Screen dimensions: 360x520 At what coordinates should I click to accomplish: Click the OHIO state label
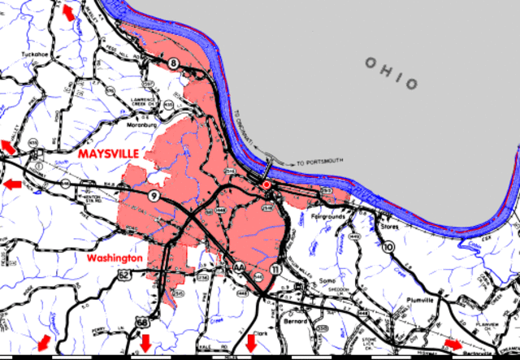[x=392, y=74]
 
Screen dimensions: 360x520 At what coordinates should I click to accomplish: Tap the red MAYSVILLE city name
[x=107, y=153]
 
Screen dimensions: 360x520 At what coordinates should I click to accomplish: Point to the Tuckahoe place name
[x=36, y=55]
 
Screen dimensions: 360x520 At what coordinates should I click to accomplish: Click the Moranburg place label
[x=141, y=125]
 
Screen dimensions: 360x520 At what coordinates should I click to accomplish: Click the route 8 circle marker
[x=173, y=63]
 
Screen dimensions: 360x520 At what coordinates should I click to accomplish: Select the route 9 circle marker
[x=154, y=197]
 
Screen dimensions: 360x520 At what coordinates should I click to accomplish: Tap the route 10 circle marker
[x=388, y=245]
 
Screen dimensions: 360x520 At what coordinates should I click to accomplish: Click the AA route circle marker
[x=239, y=267]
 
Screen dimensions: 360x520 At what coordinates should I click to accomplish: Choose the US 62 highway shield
[x=123, y=275]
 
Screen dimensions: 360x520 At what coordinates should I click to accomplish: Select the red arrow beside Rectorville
[x=453, y=344]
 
